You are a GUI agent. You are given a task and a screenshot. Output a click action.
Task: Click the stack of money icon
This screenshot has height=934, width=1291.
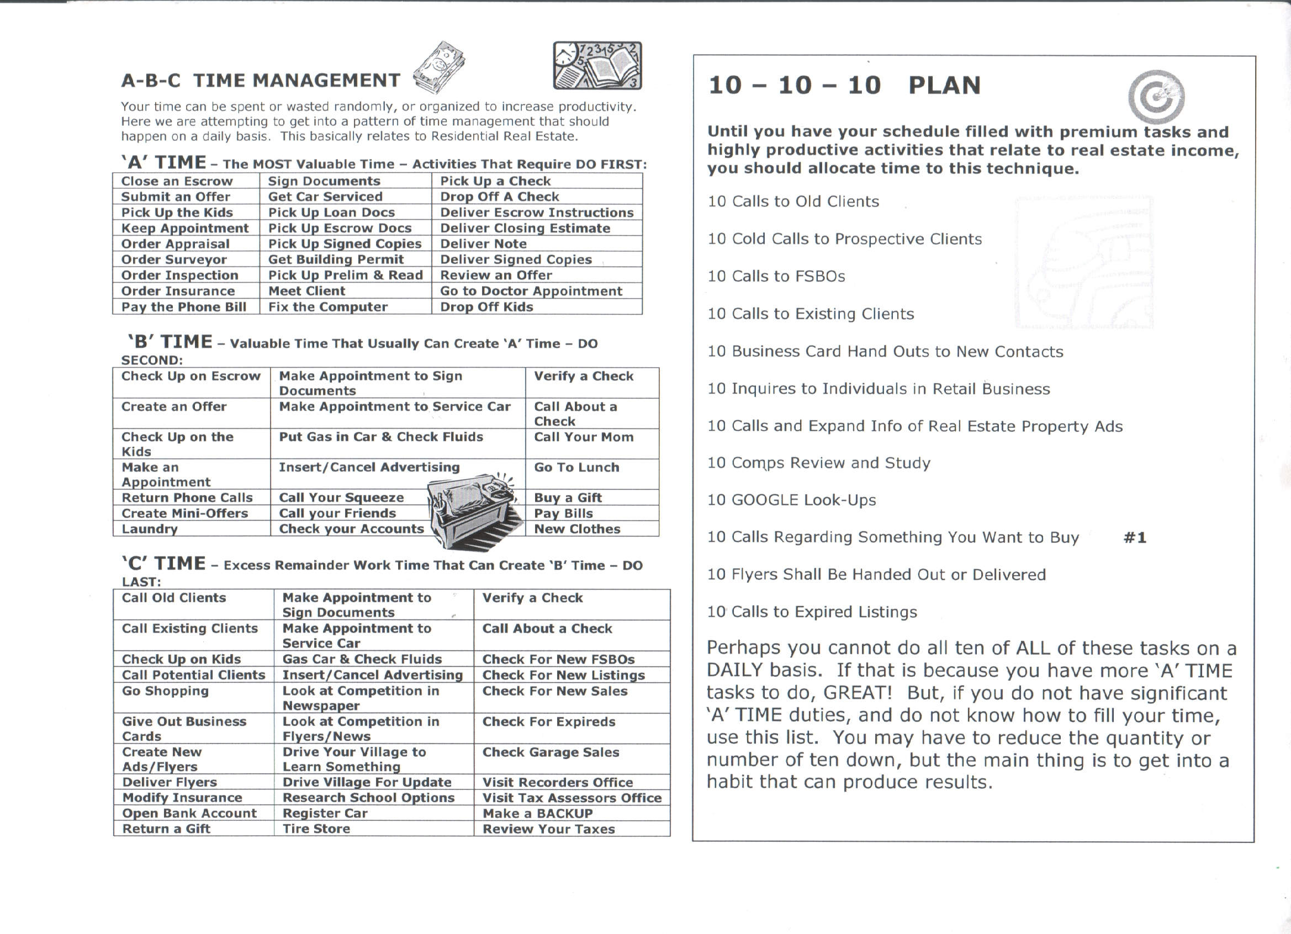[x=439, y=68]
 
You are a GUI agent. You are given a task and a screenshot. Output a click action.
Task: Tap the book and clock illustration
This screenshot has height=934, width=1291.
[x=597, y=66]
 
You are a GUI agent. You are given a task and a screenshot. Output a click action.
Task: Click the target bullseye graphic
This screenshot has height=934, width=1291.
[x=1156, y=97]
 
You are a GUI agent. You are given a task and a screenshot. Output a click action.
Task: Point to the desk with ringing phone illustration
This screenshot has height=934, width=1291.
[x=473, y=510]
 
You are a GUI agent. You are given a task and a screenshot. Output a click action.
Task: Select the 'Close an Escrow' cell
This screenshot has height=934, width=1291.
[x=177, y=181]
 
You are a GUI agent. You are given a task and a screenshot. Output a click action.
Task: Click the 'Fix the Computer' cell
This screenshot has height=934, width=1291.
[x=328, y=307]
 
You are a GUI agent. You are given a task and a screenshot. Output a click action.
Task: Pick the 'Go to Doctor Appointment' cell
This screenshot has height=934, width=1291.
[x=531, y=291]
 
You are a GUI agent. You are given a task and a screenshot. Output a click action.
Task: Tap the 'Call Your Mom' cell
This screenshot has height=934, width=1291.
[x=584, y=437]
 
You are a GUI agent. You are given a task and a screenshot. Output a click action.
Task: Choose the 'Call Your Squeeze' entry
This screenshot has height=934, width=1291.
[x=342, y=497]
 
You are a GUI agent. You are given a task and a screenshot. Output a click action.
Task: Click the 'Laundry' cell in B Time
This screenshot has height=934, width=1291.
[x=150, y=529]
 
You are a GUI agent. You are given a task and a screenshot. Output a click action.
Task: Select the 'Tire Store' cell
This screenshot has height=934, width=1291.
[x=316, y=829]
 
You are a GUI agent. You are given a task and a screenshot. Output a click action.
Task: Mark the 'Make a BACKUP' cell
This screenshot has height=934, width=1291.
[x=538, y=813]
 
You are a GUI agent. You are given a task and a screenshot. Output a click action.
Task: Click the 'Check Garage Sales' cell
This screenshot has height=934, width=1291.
[x=551, y=752]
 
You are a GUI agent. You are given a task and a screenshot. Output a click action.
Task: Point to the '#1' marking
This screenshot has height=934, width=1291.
[x=1135, y=537]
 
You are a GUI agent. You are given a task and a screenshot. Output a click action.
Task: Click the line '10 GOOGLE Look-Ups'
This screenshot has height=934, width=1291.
[x=792, y=500]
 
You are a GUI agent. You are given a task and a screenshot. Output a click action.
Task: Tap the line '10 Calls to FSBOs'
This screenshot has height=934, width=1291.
[x=776, y=276]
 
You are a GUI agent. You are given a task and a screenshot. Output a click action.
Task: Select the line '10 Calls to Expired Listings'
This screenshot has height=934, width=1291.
[x=812, y=612]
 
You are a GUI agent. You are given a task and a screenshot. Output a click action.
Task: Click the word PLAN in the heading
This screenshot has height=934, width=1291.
[x=944, y=86]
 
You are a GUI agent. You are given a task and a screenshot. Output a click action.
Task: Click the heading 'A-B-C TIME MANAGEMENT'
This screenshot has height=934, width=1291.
[x=261, y=80]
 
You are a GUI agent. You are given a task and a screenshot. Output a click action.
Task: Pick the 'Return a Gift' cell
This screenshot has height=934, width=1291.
[x=166, y=829]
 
